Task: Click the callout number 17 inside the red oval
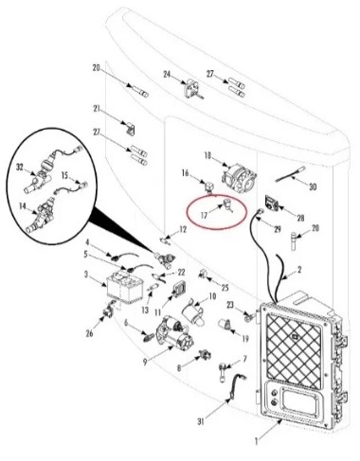[x=204, y=215]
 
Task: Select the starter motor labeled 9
[x=173, y=335]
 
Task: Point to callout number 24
[x=167, y=75]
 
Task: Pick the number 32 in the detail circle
[x=20, y=168]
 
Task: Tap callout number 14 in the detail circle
[x=23, y=206]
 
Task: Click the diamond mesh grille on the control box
[x=294, y=352]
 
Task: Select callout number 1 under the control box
[x=257, y=441]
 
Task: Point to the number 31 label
[x=201, y=421]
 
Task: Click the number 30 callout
[x=313, y=186]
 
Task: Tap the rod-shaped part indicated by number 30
[x=290, y=174]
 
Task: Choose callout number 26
[x=90, y=333]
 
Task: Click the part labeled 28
[x=272, y=203]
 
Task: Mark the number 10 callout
[x=212, y=296]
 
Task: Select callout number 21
[x=97, y=109]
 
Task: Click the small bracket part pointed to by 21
[x=131, y=129]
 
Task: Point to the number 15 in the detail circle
[x=64, y=175]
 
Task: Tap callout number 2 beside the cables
[x=299, y=270]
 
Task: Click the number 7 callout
[x=244, y=359]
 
